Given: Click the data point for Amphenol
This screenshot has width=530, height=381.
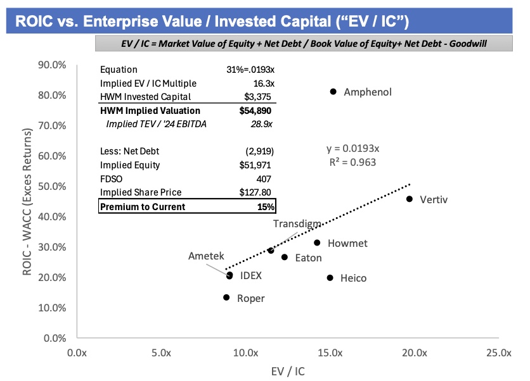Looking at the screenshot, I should pyautogui.click(x=333, y=92).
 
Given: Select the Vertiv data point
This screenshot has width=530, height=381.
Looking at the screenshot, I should pyautogui.click(x=410, y=199).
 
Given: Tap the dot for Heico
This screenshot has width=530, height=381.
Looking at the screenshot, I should pyautogui.click(x=330, y=278).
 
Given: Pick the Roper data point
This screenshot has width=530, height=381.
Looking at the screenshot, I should pyautogui.click(x=226, y=297).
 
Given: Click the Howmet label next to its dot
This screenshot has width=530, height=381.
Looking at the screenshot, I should pyautogui.click(x=347, y=243).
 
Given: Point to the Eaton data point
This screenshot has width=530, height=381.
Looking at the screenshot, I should pyautogui.click(x=285, y=257).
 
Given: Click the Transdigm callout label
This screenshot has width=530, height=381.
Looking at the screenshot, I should pyautogui.click(x=297, y=224).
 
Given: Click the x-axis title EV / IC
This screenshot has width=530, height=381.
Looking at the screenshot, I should pyautogui.click(x=287, y=372).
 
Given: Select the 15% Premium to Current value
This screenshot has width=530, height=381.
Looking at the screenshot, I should pyautogui.click(x=265, y=207).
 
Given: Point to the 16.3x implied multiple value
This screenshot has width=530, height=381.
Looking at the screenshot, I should pyautogui.click(x=262, y=83).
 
